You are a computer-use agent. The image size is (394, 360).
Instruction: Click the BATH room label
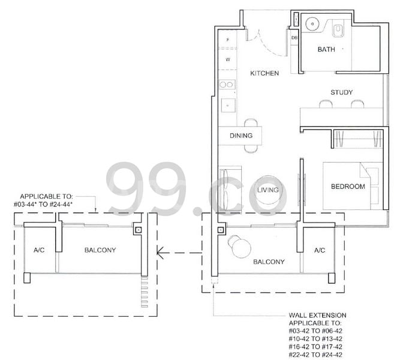click(326, 49)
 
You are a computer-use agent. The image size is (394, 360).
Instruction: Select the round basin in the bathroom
click(312, 24)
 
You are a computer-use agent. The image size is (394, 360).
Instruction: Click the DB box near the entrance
click(294, 38)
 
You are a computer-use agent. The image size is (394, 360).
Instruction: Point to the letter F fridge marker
click(228, 40)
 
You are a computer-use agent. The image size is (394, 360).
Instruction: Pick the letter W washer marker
click(228, 59)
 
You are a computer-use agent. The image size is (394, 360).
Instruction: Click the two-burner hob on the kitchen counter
click(227, 85)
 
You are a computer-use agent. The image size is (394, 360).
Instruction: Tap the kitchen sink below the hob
click(228, 106)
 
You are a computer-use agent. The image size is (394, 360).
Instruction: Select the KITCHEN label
click(264, 73)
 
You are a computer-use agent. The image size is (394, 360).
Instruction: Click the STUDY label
click(341, 92)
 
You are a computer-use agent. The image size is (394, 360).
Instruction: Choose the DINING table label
click(241, 136)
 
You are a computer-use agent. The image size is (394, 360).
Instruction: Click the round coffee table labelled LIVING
click(268, 190)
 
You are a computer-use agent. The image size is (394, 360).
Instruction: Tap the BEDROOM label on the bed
click(348, 187)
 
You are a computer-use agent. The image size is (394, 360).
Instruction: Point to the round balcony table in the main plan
click(242, 248)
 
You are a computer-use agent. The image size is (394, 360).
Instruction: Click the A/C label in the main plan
click(320, 250)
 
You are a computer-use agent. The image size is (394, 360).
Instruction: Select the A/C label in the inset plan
click(39, 250)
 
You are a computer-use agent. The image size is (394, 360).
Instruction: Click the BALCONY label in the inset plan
click(100, 250)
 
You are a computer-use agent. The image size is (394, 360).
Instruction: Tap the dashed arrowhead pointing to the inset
click(160, 253)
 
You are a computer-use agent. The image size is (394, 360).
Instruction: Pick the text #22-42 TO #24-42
click(315, 355)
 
